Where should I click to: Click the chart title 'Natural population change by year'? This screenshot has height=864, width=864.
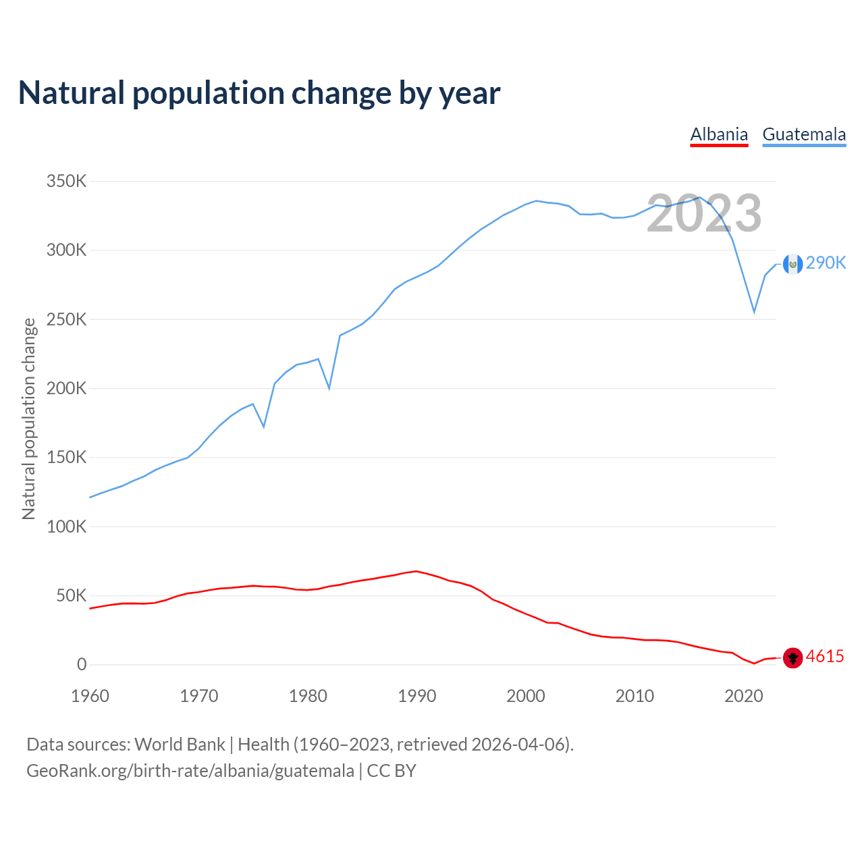pyautogui.click(x=259, y=93)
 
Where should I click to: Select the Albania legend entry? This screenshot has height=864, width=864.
pyautogui.click(x=719, y=134)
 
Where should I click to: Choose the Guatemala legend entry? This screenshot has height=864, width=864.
pyautogui.click(x=804, y=134)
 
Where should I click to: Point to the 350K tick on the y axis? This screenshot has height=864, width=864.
pyautogui.click(x=66, y=182)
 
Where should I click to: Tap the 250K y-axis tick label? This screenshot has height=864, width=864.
pyautogui.click(x=66, y=319)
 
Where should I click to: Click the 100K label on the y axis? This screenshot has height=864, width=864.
pyautogui.click(x=66, y=526)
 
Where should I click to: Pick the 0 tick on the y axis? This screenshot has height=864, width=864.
pyautogui.click(x=82, y=664)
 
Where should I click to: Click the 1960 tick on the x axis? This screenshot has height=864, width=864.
pyautogui.click(x=90, y=696)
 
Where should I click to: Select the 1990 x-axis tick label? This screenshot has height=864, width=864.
pyautogui.click(x=416, y=696)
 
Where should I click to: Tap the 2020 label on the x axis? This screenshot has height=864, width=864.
pyautogui.click(x=743, y=696)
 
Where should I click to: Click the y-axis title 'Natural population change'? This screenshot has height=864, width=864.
pyautogui.click(x=28, y=418)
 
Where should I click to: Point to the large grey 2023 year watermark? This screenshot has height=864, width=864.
pyautogui.click(x=704, y=213)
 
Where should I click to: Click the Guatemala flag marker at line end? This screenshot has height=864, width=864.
pyautogui.click(x=792, y=264)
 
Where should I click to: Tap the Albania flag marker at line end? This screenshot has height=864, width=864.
pyautogui.click(x=792, y=657)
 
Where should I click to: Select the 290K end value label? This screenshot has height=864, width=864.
pyautogui.click(x=826, y=263)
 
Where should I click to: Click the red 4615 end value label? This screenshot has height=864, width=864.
pyautogui.click(x=825, y=656)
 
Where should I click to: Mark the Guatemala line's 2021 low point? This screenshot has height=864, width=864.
pyautogui.click(x=754, y=313)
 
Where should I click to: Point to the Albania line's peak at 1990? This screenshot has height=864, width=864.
pyautogui.click(x=416, y=571)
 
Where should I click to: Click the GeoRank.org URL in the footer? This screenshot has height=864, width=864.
pyautogui.click(x=190, y=771)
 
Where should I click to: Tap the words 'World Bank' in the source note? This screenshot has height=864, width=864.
pyautogui.click(x=180, y=745)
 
